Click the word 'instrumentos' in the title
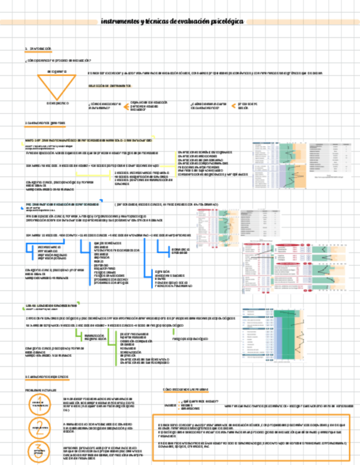[120, 22]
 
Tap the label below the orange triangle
[57, 103]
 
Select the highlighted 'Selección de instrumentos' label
[109, 86]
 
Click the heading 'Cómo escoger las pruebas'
[186, 389]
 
